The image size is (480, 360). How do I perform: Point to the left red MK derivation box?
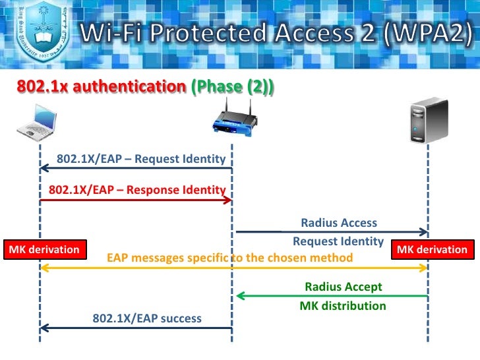pos(44,249)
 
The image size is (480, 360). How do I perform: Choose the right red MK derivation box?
pos(432,249)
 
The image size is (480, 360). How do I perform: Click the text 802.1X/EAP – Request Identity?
pos(141,159)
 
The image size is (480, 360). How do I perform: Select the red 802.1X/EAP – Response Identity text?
pos(137,190)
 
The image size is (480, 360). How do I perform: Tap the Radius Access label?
pos(339,223)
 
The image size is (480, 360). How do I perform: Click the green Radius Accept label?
pos(343,287)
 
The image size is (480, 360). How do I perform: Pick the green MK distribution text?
pos(343,306)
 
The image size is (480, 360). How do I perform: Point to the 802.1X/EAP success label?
pos(147,318)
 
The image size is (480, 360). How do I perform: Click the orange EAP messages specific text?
pos(229,257)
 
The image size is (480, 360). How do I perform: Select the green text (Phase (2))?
pos(233,87)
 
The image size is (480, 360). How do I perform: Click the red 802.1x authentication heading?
pos(100,87)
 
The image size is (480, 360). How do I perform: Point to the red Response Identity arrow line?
pos(132,200)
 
